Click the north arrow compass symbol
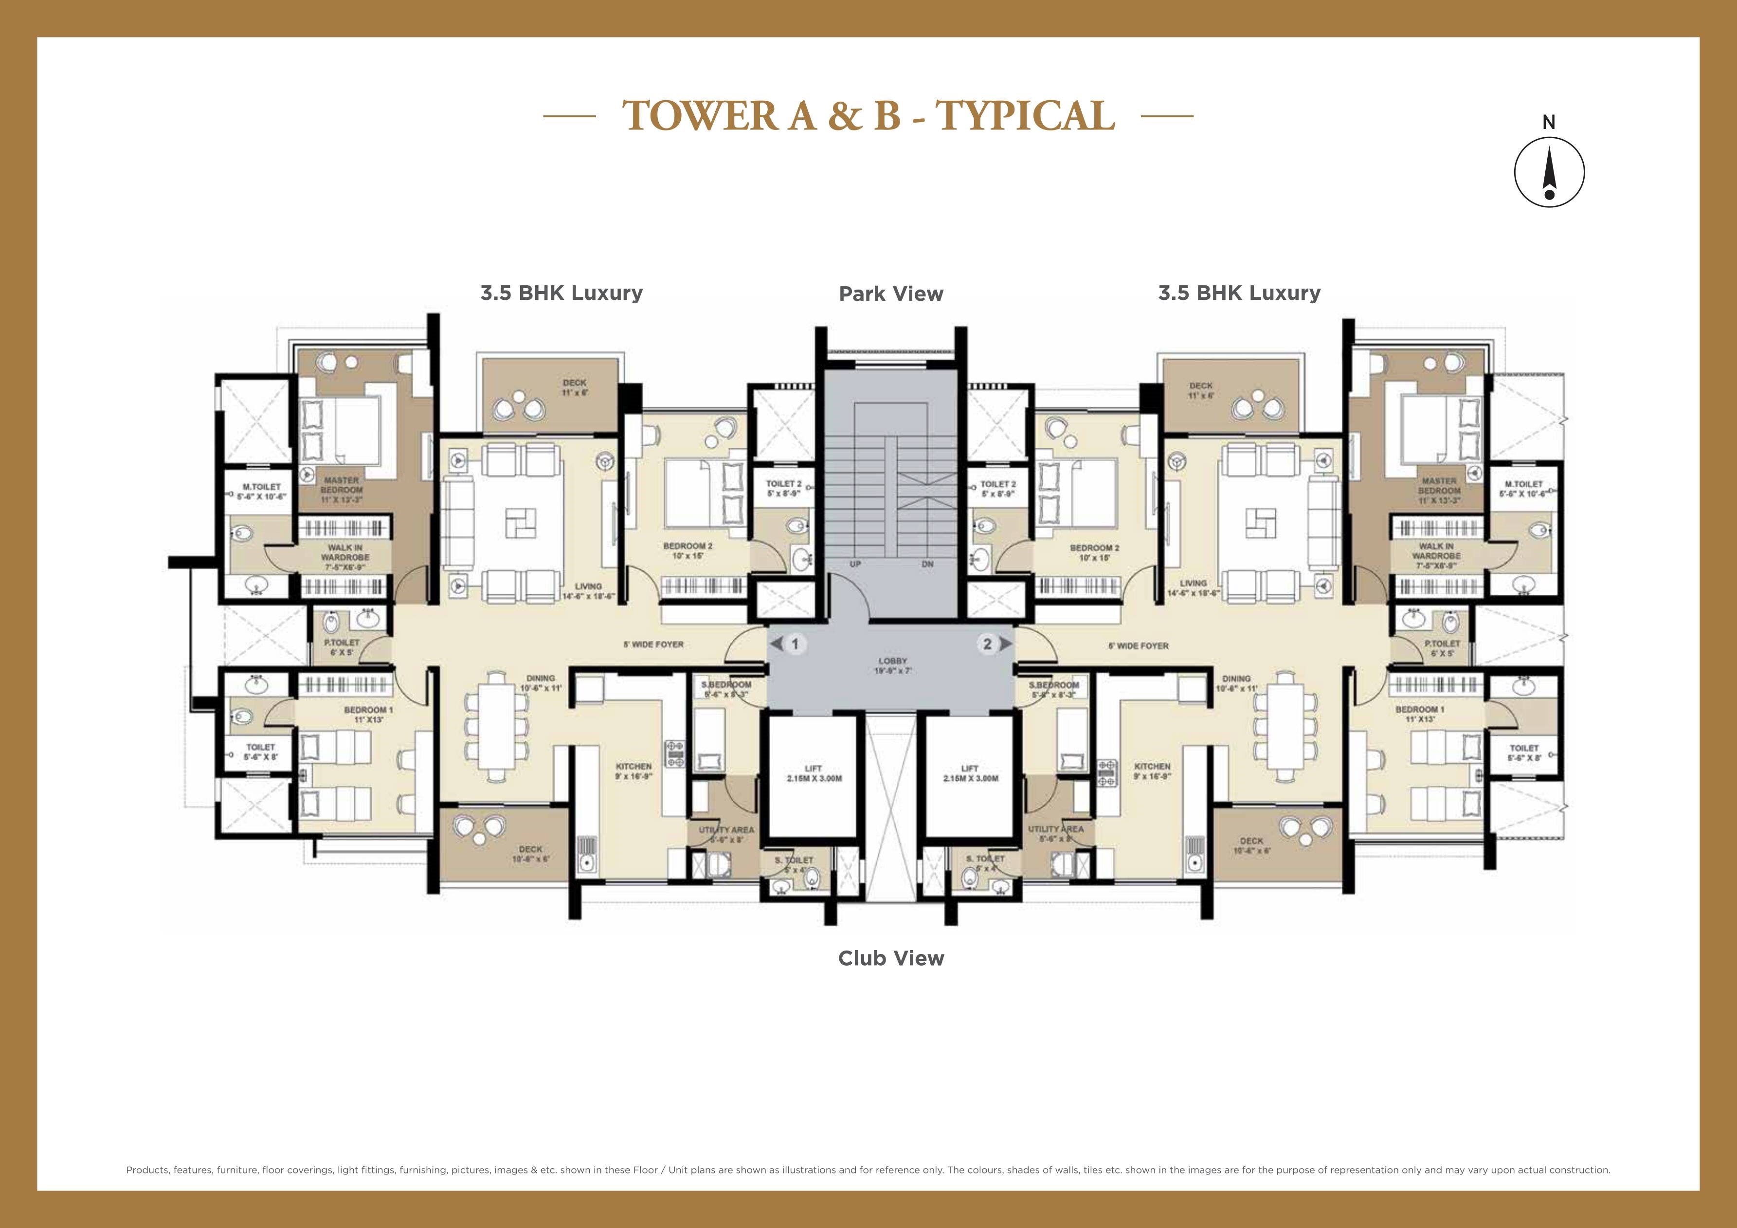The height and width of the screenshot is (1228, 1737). tap(1549, 172)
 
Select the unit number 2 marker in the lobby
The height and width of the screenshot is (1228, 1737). tap(987, 644)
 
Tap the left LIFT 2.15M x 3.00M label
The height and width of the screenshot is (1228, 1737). tap(813, 773)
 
